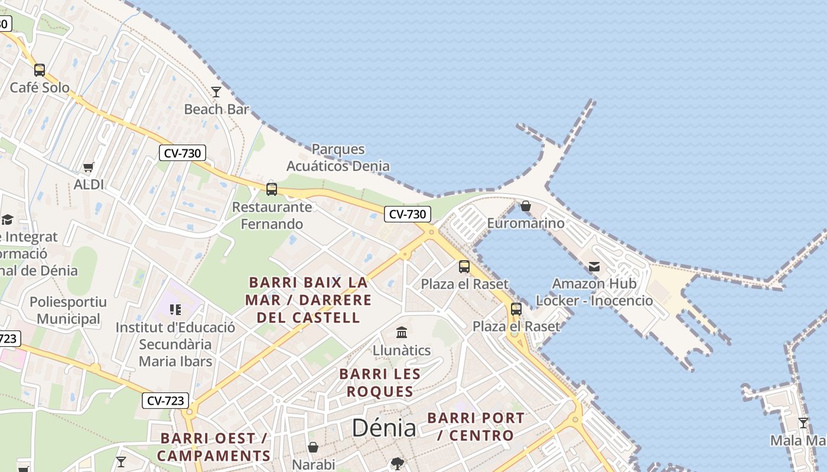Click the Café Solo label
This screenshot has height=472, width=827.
(x=40, y=88)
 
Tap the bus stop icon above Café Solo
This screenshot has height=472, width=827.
(x=40, y=70)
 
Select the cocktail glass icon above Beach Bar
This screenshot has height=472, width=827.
(x=216, y=91)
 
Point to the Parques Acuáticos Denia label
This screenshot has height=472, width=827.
(x=338, y=158)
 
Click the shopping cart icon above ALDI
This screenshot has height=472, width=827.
(x=89, y=167)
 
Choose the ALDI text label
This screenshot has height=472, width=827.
(x=89, y=185)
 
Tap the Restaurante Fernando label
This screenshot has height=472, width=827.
(x=272, y=215)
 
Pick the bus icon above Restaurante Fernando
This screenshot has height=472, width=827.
(x=272, y=189)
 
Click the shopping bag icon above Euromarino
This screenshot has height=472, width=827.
(x=526, y=206)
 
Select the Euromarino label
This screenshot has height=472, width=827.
(x=526, y=224)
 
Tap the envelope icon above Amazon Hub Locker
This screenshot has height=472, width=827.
(x=594, y=267)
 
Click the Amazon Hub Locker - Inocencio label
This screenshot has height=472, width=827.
(x=594, y=292)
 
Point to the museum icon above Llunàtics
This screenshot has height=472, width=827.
(x=402, y=332)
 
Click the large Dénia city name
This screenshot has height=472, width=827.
(x=384, y=428)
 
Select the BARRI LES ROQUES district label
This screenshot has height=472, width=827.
(x=380, y=382)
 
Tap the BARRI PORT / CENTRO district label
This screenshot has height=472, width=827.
(x=476, y=427)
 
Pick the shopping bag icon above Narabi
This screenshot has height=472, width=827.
(x=313, y=447)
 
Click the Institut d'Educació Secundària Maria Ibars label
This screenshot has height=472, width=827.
(x=175, y=344)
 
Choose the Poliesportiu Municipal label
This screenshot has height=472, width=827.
(x=69, y=310)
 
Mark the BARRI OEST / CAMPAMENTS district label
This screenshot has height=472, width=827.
(x=214, y=447)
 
